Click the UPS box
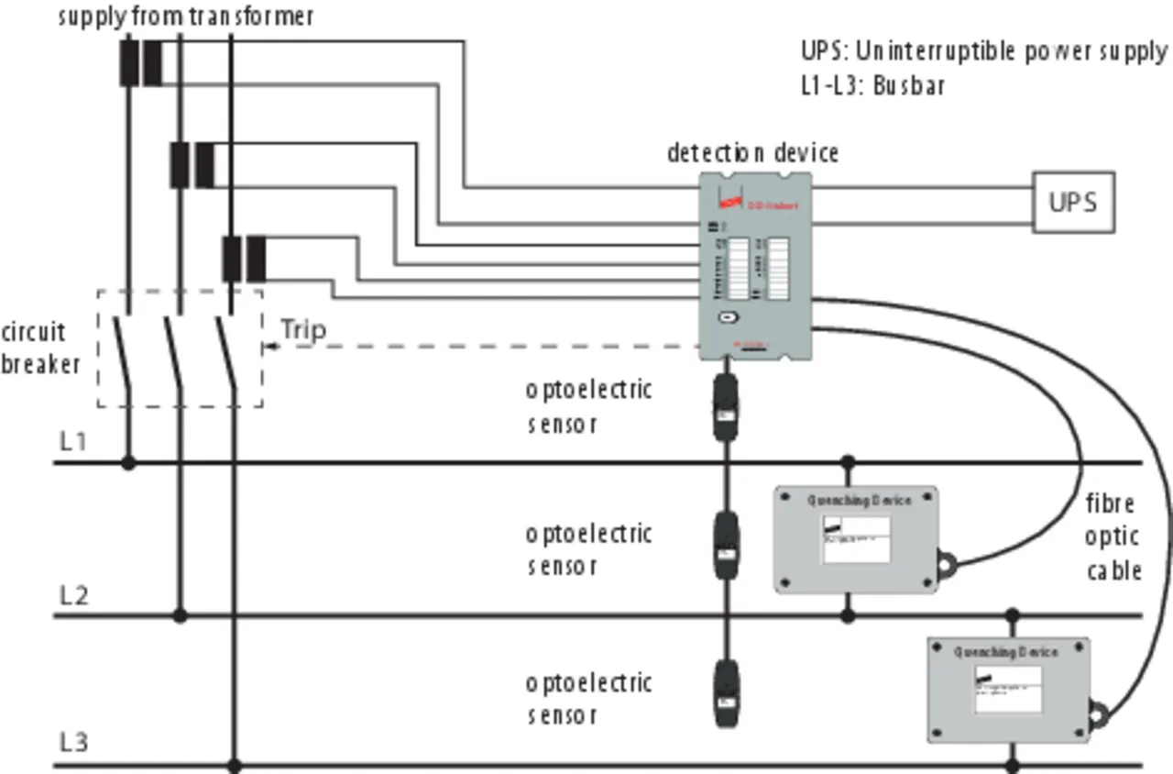[x=1073, y=202]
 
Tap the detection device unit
[x=755, y=266]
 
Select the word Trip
[x=302, y=329]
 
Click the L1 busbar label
[x=73, y=441]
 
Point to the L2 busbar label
[x=74, y=595]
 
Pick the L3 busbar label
[x=74, y=742]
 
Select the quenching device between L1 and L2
[x=856, y=539]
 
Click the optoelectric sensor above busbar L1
[x=726, y=406]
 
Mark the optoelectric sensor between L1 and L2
[x=726, y=547]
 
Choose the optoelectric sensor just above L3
[x=726, y=693]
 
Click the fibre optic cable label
[x=1113, y=537]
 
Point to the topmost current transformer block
[x=140, y=62]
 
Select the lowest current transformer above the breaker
[x=244, y=259]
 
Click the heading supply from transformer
[x=186, y=17]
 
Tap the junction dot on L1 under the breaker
[x=128, y=463]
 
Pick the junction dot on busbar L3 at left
[x=234, y=764]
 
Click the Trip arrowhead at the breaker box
[x=268, y=347]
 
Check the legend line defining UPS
[x=984, y=51]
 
